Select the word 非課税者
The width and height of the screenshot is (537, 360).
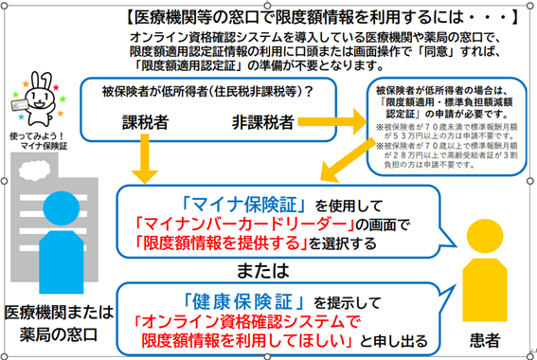point(262,122)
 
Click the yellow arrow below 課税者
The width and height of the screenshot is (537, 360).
point(146,155)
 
